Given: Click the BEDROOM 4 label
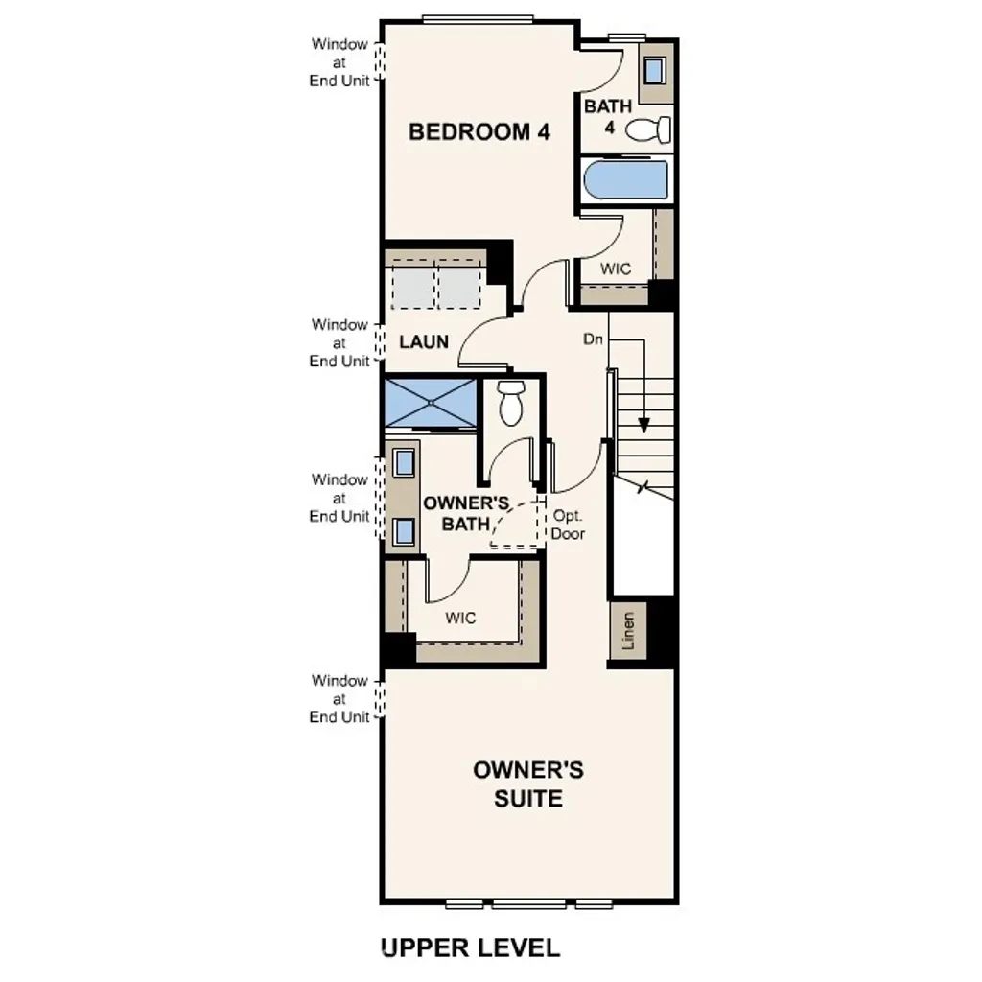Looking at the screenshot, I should point(479,132).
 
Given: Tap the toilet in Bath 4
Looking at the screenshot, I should point(649,130).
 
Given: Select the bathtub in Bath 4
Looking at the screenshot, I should point(625,180).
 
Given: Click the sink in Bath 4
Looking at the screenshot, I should point(656,71).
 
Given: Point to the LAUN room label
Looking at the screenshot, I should point(423,341).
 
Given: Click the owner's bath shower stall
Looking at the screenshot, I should point(430,403).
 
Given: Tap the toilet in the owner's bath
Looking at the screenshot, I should point(510,403).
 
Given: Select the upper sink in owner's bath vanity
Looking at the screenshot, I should point(404,462).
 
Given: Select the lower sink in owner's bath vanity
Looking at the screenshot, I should point(404,529).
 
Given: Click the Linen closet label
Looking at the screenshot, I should point(628,631).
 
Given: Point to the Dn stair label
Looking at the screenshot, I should point(593,339).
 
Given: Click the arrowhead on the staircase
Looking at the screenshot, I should point(643,423).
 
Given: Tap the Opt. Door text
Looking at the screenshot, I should point(568,525).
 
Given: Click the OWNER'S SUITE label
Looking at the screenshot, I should point(528,783).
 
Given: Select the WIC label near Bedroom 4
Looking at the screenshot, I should point(616,269).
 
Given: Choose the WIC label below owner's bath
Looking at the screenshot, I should point(460,618).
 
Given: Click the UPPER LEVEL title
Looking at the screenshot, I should point(470,948).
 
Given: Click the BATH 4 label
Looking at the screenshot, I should point(608,116).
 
